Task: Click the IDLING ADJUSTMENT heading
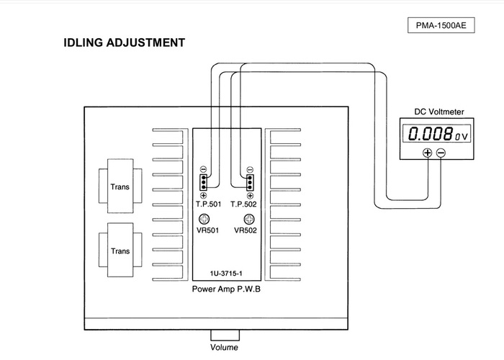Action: pyautogui.click(x=124, y=43)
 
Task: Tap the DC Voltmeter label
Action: pyautogui.click(x=438, y=112)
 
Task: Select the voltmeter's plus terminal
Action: pyautogui.click(x=427, y=153)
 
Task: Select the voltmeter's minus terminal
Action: pyautogui.click(x=441, y=153)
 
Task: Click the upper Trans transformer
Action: pyautogui.click(x=120, y=186)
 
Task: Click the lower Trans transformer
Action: pyautogui.click(x=120, y=251)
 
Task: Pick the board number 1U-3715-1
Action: pyautogui.click(x=227, y=274)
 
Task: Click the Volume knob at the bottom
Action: pyautogui.click(x=224, y=336)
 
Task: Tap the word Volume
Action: pyautogui.click(x=224, y=348)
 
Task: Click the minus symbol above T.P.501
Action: pyautogui.click(x=204, y=169)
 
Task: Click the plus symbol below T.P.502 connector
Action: pyautogui.click(x=250, y=195)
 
